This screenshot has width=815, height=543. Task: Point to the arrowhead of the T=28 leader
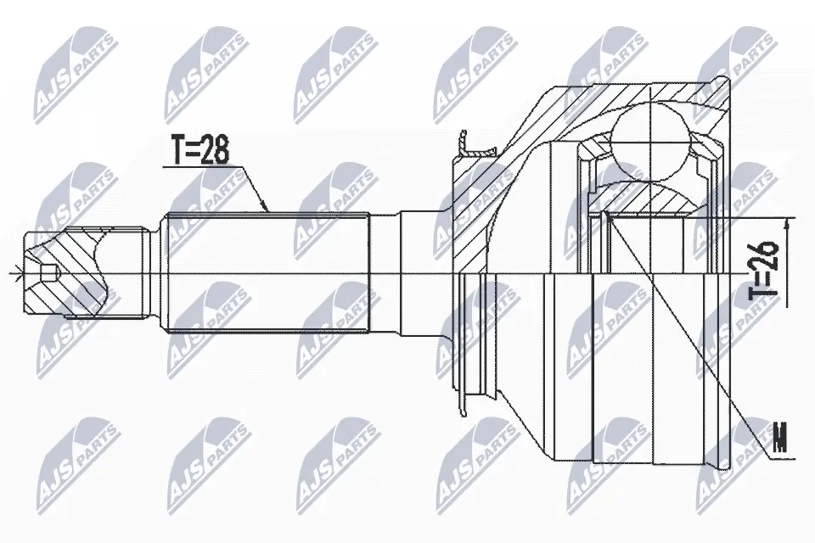click(x=268, y=210)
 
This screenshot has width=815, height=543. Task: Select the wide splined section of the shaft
click(x=267, y=271)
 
